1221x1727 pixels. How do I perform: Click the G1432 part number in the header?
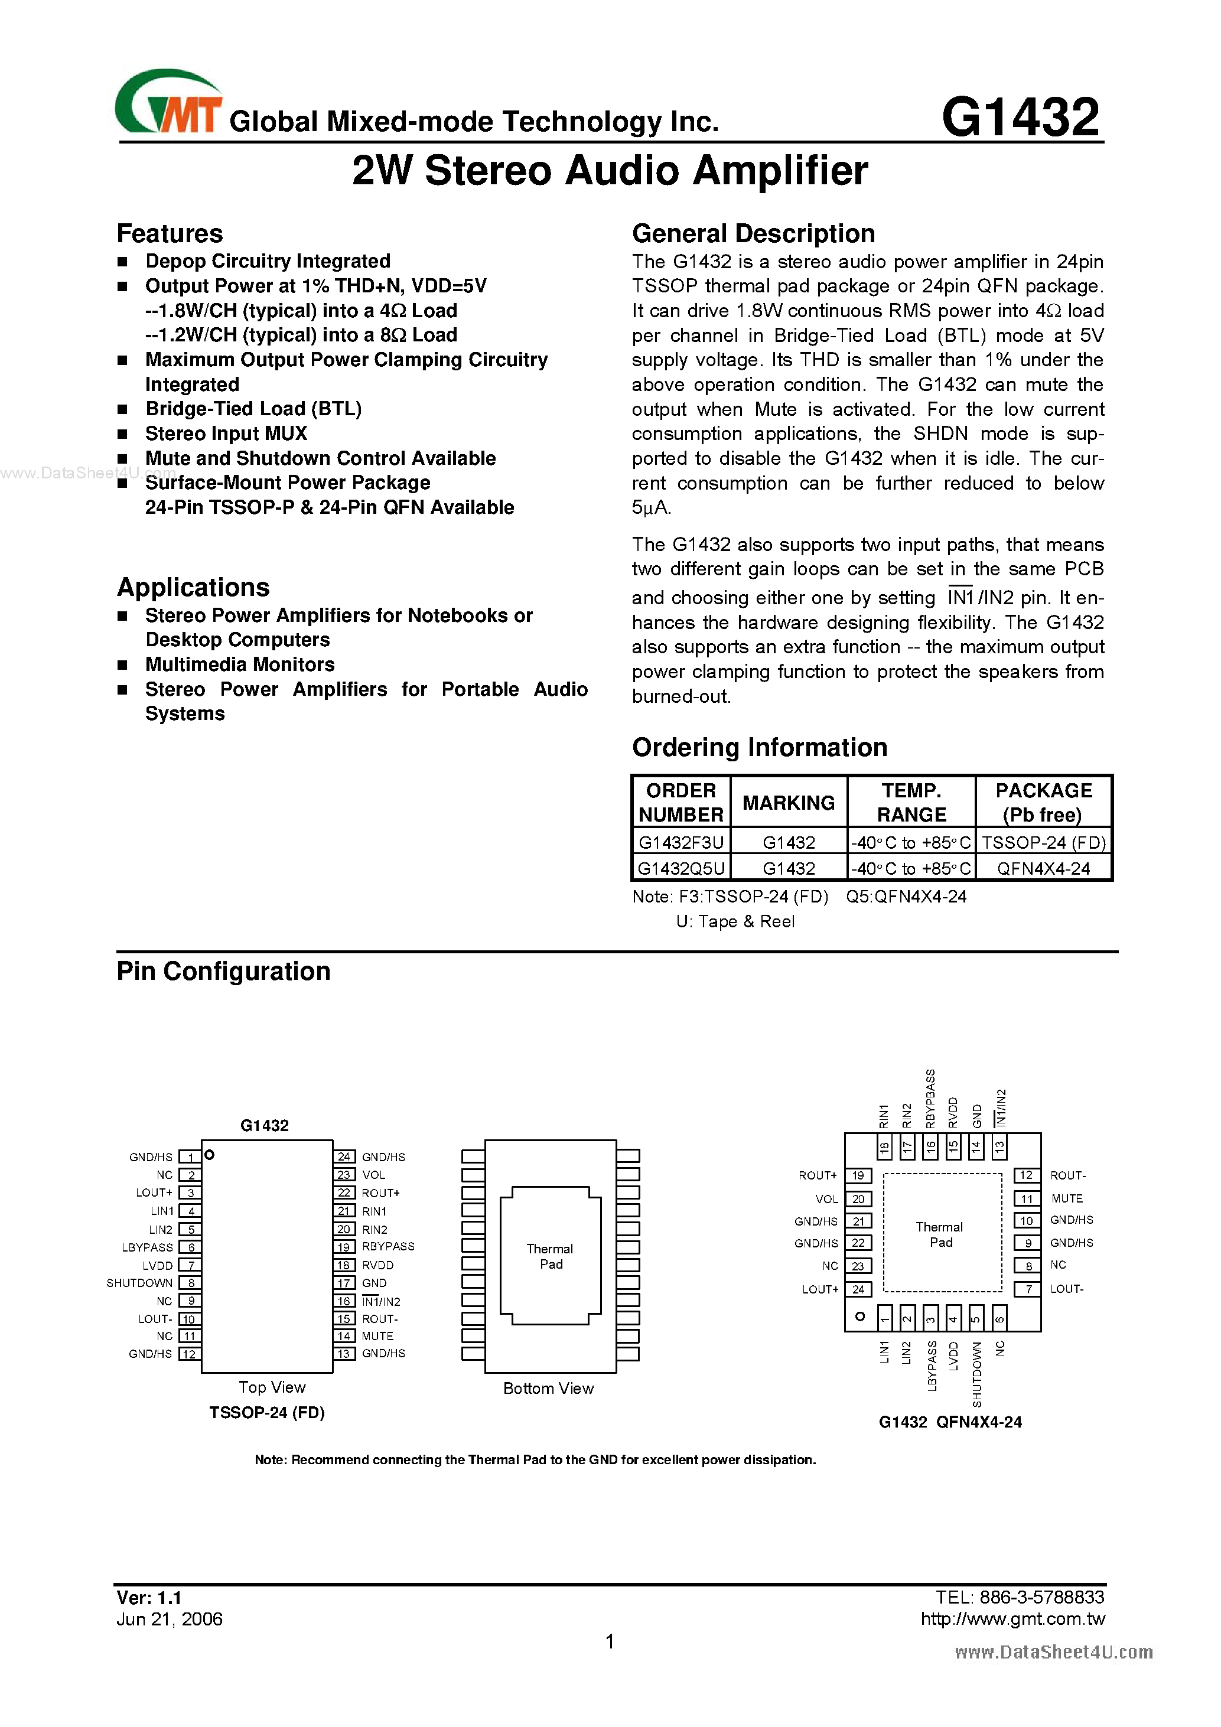[1020, 118]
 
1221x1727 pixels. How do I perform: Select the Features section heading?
[170, 234]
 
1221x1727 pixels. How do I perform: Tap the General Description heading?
[753, 234]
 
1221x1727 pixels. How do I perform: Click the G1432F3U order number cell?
[680, 842]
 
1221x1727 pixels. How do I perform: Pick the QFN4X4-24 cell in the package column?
[1043, 869]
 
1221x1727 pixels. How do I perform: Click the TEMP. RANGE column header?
[911, 803]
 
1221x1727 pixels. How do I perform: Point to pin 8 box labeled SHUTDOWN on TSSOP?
[190, 1283]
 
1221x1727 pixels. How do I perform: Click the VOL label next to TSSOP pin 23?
[373, 1175]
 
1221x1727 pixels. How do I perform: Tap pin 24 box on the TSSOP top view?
[344, 1157]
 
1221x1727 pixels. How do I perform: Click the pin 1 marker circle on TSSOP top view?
[210, 1155]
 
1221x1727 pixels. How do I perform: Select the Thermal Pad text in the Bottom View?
[550, 1256]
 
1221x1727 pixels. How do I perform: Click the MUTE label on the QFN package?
[1067, 1198]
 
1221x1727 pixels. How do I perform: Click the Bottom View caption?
[548, 1389]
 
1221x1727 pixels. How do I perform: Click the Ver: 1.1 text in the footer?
[149, 1598]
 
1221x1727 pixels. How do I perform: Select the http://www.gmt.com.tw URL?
[1012, 1619]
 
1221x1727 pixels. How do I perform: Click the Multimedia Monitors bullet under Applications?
[239, 665]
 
